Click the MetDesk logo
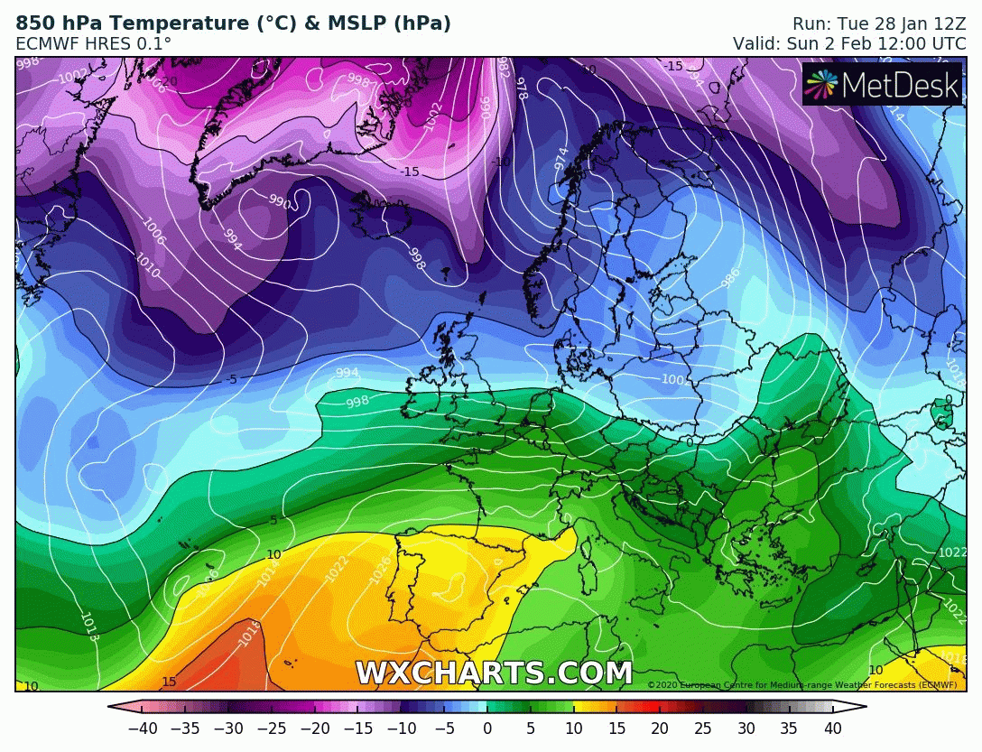tap(882, 84)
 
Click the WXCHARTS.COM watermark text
tap(493, 673)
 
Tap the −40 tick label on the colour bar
tap(143, 729)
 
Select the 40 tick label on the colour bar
tap(832, 729)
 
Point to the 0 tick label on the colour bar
tap(487, 729)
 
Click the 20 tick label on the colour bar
tap(660, 729)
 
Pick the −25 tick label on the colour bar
tap(272, 729)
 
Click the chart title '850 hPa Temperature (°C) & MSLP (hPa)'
tap(233, 23)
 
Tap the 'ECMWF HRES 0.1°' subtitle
tap(93, 43)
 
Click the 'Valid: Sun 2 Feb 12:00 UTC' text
tap(849, 43)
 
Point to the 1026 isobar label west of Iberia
tap(381, 568)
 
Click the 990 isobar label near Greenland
tap(280, 203)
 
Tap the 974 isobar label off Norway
tap(560, 160)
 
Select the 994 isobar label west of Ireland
tap(347, 373)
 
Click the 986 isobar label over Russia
tap(732, 277)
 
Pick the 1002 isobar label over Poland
tap(676, 380)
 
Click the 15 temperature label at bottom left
tap(169, 682)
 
